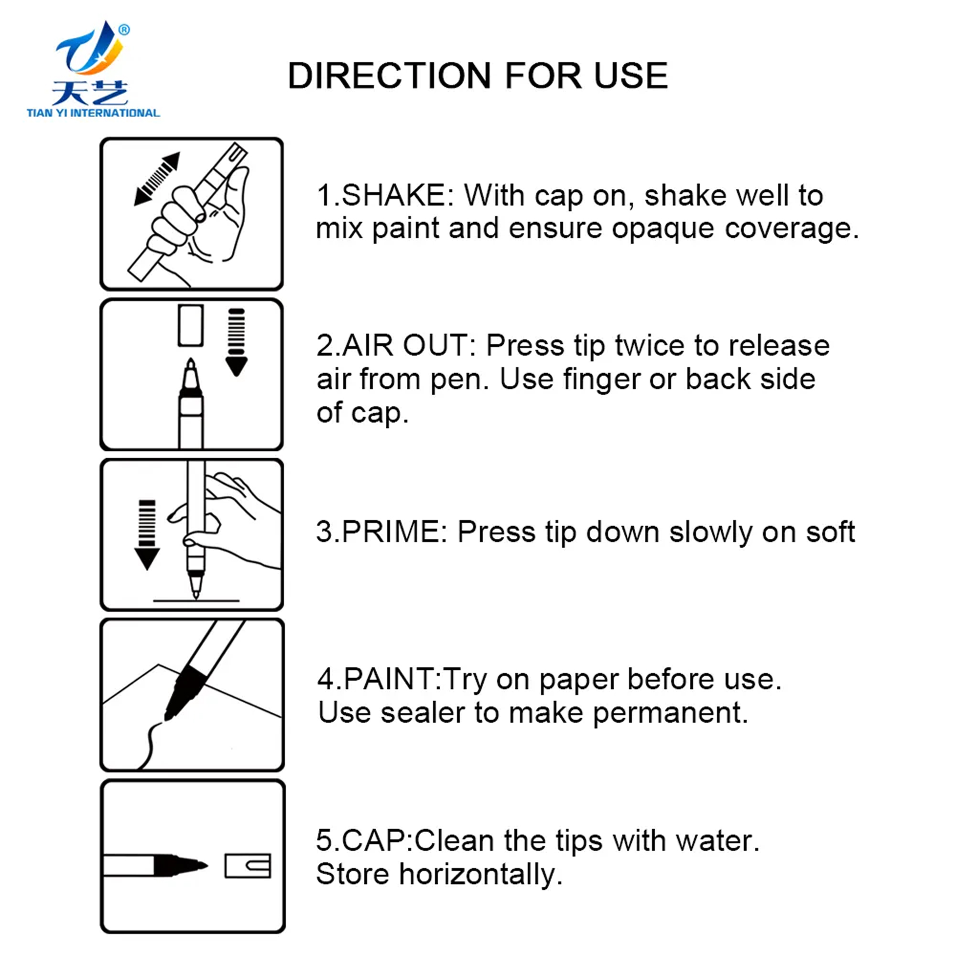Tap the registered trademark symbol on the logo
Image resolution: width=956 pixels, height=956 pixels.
tap(124, 30)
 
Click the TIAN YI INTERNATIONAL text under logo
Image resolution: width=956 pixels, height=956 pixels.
tap(93, 113)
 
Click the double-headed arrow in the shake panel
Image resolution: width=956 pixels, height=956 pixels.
tap(157, 179)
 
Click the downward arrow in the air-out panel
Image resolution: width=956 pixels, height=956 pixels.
tap(236, 342)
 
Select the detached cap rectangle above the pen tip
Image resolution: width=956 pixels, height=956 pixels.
tap(191, 325)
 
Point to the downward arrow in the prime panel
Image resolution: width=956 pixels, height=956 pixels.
tap(147, 534)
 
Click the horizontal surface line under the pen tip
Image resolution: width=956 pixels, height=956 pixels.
tap(196, 601)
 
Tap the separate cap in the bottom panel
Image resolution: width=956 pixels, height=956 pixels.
tap(248, 866)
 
